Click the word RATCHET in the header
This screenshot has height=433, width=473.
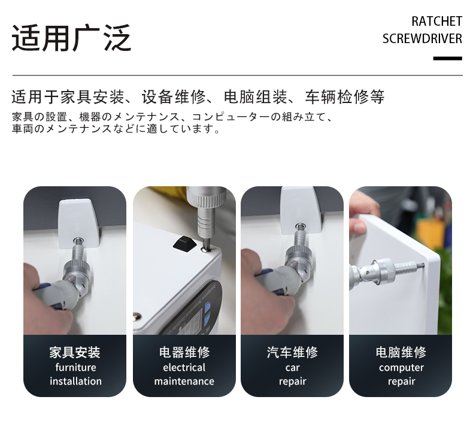click(436, 22)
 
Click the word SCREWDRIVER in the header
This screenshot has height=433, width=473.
click(422, 38)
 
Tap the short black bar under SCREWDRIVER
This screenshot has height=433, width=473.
click(448, 58)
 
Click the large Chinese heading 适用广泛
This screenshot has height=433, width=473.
click(71, 38)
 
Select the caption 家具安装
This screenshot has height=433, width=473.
click(75, 352)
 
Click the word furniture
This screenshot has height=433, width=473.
click(75, 368)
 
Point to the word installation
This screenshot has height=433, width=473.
click(75, 381)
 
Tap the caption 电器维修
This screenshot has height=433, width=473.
click(184, 352)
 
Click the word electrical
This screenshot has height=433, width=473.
click(184, 368)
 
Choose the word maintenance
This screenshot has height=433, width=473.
click(184, 381)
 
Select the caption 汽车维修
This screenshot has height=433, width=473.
click(292, 352)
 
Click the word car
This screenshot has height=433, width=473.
click(292, 368)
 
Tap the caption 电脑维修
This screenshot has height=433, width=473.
click(401, 352)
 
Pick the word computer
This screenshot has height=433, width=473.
click(401, 368)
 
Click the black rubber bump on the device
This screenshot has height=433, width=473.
click(184, 243)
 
